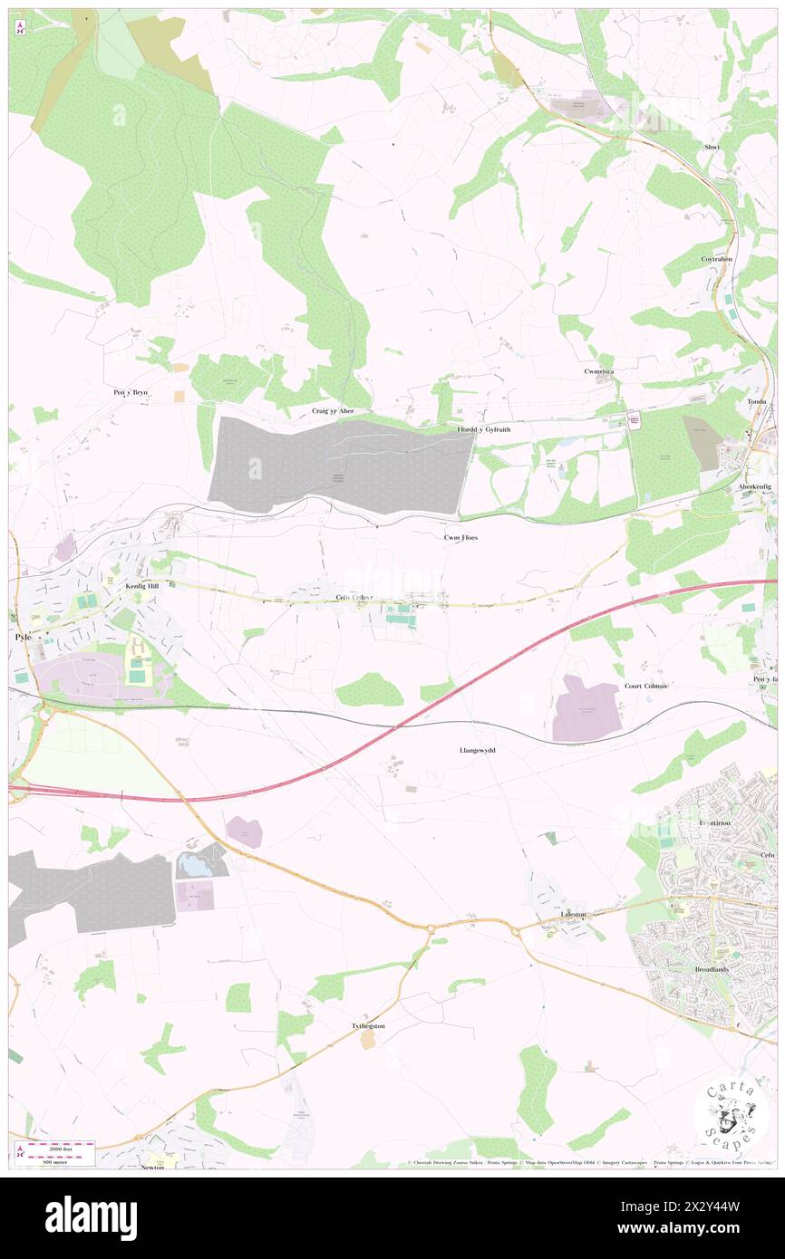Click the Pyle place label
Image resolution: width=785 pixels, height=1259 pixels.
click(x=24, y=637)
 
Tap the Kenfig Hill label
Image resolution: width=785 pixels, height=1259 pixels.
click(x=141, y=586)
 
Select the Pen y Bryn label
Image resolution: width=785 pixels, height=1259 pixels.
click(x=131, y=393)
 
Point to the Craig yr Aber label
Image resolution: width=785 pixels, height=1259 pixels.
click(x=332, y=410)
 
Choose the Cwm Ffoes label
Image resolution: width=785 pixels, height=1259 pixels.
click(x=460, y=537)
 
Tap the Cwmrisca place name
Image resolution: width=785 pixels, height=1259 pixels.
click(x=599, y=372)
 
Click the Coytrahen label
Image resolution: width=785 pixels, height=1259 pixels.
click(x=715, y=259)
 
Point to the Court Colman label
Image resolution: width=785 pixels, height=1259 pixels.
click(x=646, y=686)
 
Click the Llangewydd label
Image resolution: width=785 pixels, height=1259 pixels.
click(x=478, y=751)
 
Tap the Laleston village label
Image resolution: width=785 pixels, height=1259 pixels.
click(x=574, y=914)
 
